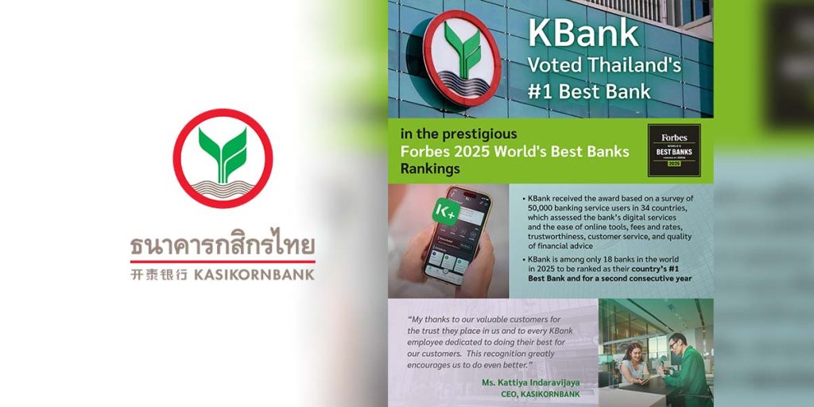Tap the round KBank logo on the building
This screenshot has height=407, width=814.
461,57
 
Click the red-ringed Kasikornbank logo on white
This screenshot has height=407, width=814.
223,159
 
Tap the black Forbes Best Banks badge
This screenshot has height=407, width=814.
673,150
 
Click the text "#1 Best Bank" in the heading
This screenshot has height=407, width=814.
588,91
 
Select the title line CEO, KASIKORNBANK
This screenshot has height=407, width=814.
541,394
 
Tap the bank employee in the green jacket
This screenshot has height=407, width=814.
684,366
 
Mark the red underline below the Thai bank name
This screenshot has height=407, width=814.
223,262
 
